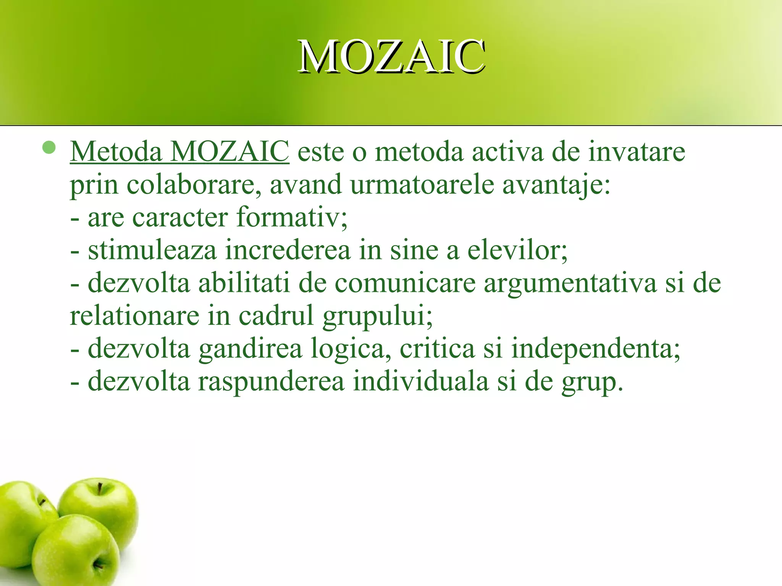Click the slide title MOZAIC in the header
coord(391,57)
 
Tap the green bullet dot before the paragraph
coord(49,147)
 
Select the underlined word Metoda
coord(116,152)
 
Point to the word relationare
coord(134,316)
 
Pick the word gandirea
coord(250,349)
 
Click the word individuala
coord(420,382)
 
